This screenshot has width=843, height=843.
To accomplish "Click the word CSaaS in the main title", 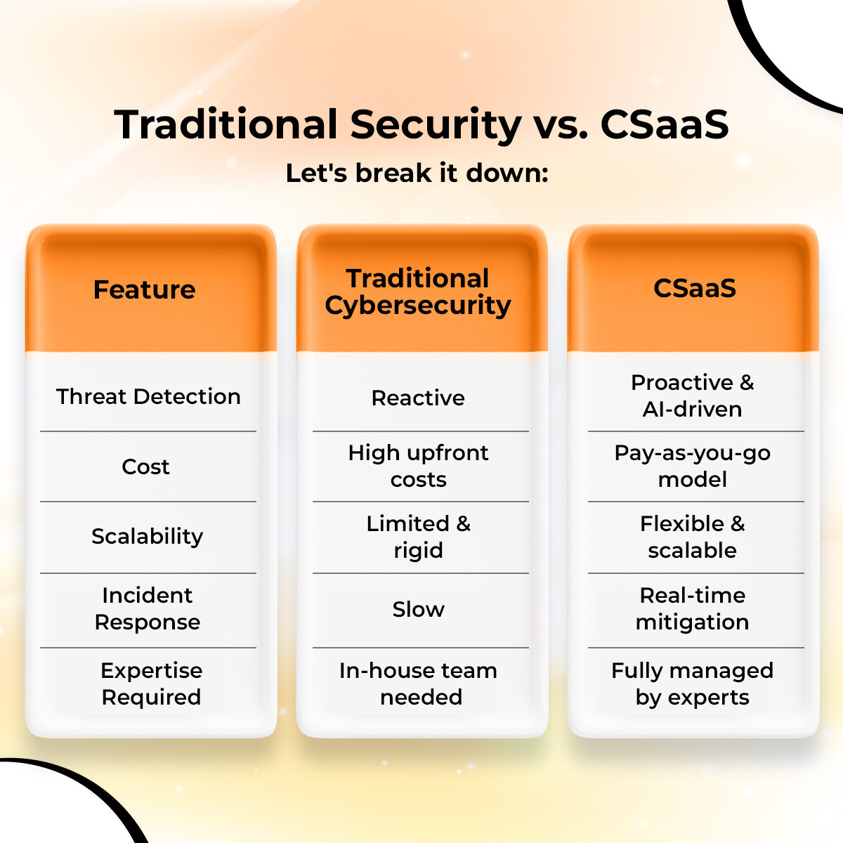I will coord(664,125).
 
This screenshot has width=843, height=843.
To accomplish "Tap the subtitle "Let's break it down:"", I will coord(417,173).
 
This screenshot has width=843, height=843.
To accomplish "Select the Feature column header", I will coord(145,289).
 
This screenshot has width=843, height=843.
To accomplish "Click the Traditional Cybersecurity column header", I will coord(418,292).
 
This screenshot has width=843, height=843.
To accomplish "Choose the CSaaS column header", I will coord(694,288).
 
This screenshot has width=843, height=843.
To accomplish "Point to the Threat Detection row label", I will coord(148,396).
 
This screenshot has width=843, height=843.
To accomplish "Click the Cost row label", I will coord(145,466).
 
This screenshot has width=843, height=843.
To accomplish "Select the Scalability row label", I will coord(148,537).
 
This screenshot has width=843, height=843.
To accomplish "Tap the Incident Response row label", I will coord(148,608).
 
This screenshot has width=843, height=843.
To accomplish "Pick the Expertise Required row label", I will coord(151,684).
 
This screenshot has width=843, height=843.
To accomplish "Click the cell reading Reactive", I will coord(418,398).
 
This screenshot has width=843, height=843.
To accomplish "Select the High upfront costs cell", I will coord(418,466).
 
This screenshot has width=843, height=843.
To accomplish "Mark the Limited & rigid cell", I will coord(418,537).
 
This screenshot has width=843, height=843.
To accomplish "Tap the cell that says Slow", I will coord(418,609).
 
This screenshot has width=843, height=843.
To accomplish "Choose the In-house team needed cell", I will coord(419,684).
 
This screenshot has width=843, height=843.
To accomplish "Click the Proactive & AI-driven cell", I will coord(693,396).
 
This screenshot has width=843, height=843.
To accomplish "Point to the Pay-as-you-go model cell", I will coord(693,466).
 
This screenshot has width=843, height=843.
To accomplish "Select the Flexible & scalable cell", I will coord(693,537).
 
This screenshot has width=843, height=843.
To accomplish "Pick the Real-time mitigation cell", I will coord(693,608).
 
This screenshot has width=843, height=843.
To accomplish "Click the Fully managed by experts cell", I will coord(693,684).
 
